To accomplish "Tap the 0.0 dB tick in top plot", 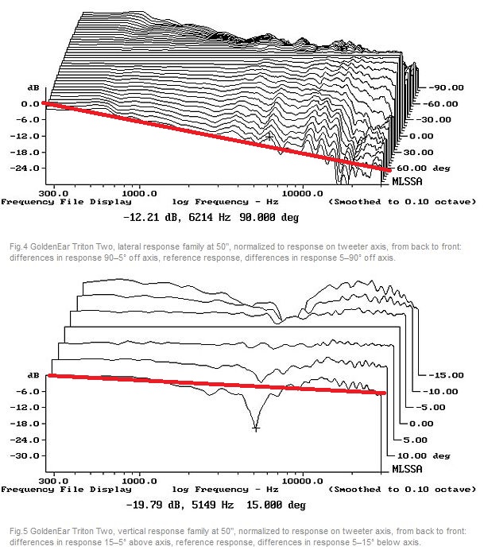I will click(29, 103).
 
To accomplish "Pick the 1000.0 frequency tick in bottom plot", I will click(140, 481).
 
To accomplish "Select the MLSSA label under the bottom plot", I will click(408, 470).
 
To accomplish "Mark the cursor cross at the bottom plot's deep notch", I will click(256, 428).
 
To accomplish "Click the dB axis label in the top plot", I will click(11, 87).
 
